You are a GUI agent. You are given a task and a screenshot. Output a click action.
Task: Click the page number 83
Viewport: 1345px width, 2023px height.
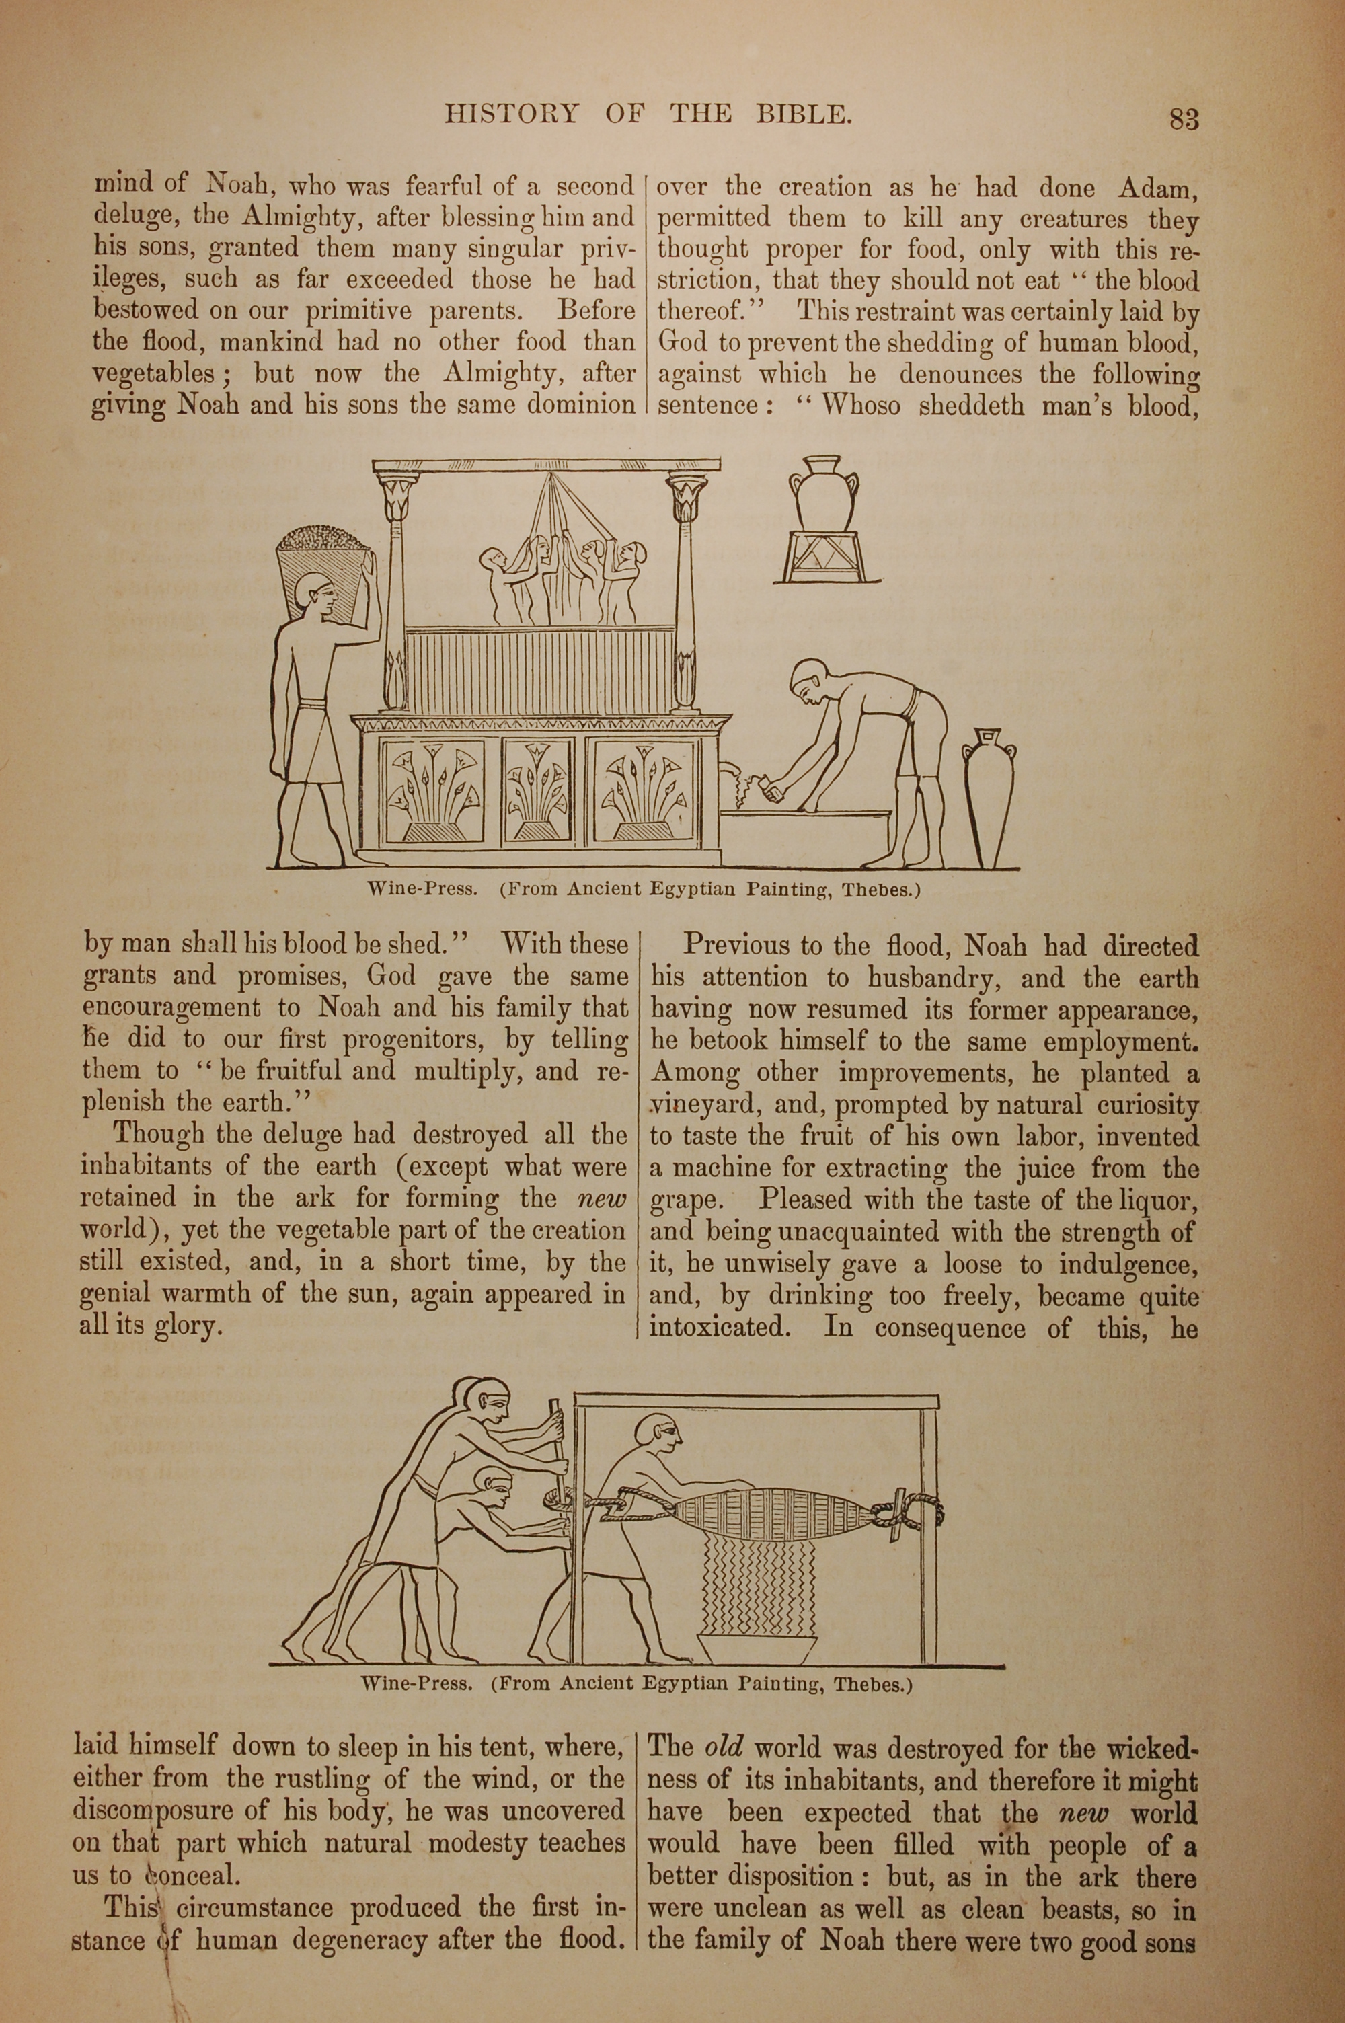(x=1184, y=118)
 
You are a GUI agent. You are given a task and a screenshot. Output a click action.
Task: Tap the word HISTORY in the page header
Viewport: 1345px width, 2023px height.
(x=511, y=114)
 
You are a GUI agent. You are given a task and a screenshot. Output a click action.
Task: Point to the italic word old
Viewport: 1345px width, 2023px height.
(x=724, y=1747)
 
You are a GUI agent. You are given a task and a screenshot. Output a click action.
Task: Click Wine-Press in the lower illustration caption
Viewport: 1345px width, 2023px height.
(x=417, y=1683)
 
